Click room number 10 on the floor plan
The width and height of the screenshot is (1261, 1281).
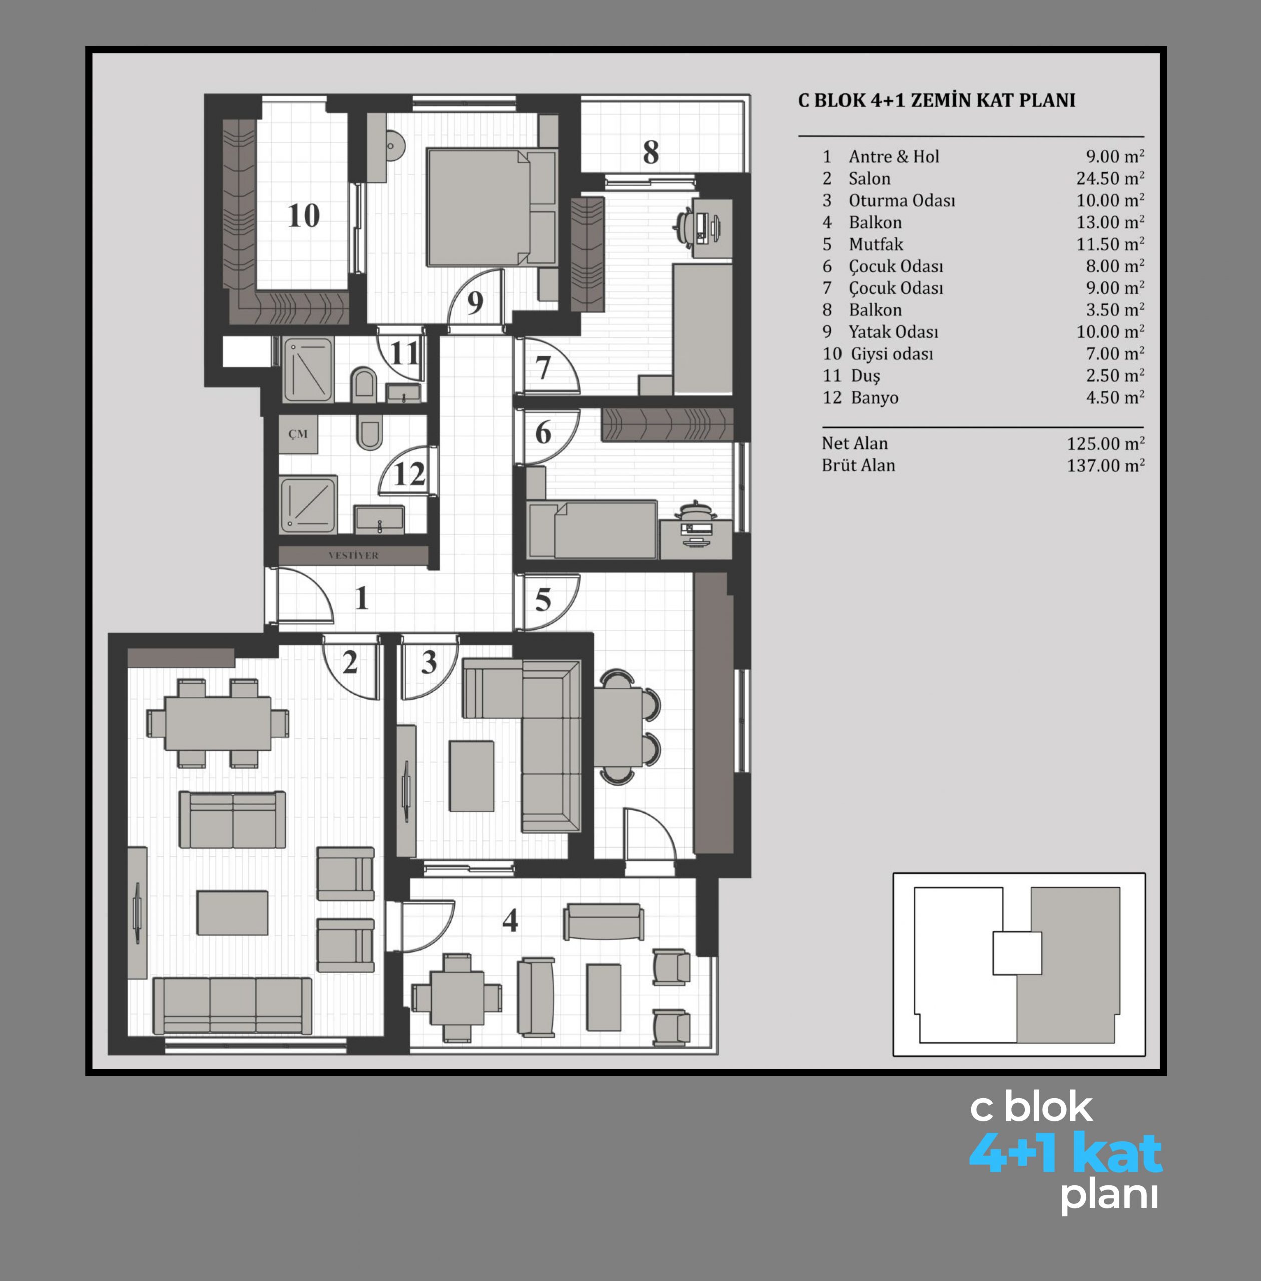(x=304, y=215)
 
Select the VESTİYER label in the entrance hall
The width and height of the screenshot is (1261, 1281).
(x=353, y=555)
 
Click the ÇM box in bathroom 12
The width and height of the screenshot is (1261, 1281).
(x=297, y=434)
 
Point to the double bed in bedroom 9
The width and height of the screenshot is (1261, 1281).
(x=492, y=207)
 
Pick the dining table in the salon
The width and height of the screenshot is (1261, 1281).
(x=217, y=723)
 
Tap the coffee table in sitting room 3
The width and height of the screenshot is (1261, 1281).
(x=471, y=775)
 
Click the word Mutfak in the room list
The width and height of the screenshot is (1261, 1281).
(x=876, y=244)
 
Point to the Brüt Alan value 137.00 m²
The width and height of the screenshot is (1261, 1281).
(x=1105, y=465)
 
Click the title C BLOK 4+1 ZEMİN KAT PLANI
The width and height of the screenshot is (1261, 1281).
(x=937, y=100)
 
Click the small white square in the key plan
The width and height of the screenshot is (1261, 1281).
(x=1017, y=953)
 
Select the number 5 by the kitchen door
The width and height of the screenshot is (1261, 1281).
(x=543, y=600)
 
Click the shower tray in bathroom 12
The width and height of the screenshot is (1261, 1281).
(x=308, y=504)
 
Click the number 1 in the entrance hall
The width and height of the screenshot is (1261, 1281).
(x=361, y=598)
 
